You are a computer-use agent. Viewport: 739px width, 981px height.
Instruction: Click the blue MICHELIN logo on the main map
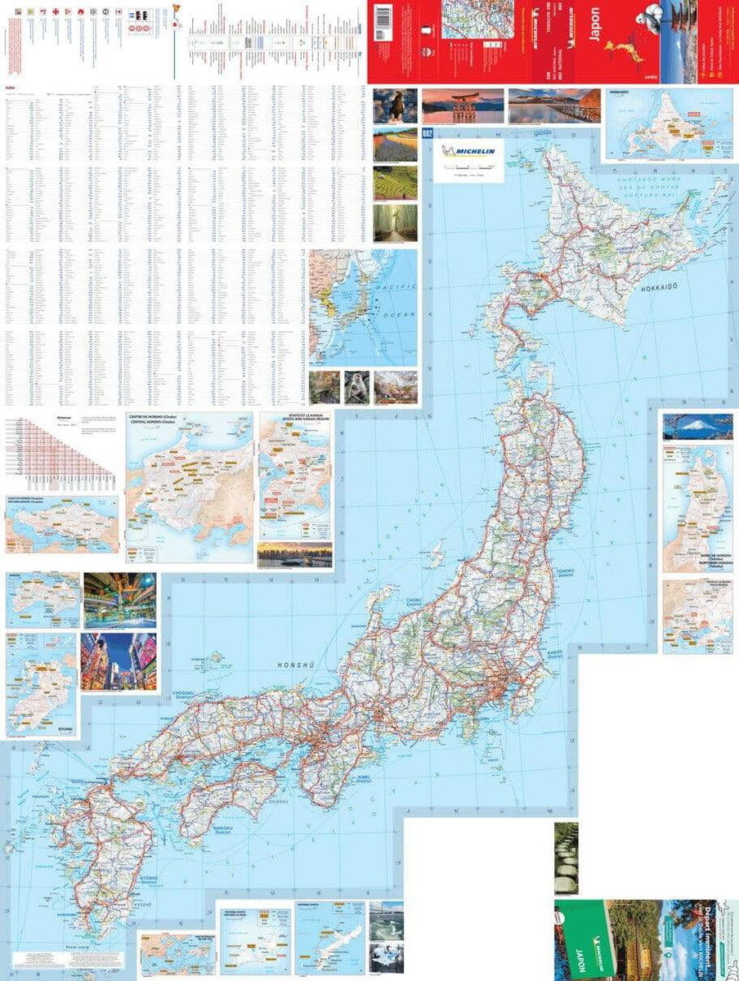(x=471, y=154)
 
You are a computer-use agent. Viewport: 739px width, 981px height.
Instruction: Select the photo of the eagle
(x=395, y=105)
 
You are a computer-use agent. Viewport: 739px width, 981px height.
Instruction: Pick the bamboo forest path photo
(x=395, y=222)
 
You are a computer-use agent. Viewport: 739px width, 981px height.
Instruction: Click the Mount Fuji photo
(x=697, y=427)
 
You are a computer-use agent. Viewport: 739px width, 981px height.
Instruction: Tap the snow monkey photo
(x=356, y=387)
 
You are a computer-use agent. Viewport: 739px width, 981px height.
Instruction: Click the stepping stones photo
(x=566, y=858)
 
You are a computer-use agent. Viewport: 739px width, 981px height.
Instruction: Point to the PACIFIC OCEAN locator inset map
(x=363, y=307)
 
